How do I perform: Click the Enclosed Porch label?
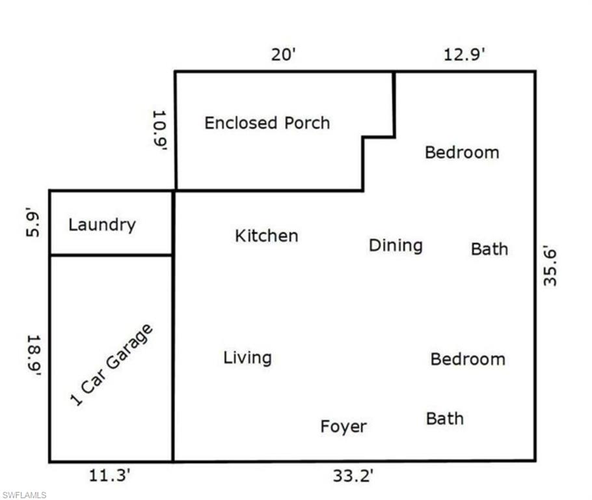(267, 123)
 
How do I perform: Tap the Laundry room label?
(102, 225)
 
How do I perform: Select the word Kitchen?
(266, 236)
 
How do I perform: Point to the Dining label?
(396, 245)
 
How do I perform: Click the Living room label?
(247, 357)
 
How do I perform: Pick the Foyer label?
(343, 427)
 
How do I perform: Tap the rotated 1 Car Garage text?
(111, 365)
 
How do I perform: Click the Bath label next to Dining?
(489, 249)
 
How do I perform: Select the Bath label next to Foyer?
(445, 418)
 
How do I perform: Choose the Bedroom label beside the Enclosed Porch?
(462, 152)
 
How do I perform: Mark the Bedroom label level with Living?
(468, 359)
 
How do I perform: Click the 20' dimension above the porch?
(284, 55)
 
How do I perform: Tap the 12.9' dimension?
(464, 55)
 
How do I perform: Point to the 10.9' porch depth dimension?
(160, 130)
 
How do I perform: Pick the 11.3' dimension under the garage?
(110, 477)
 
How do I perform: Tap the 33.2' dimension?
(353, 477)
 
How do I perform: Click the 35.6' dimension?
(550, 265)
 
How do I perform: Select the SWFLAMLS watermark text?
(24, 495)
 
